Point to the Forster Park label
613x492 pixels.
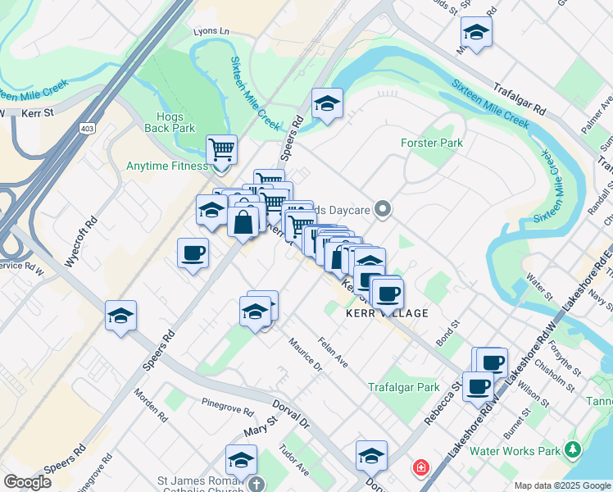[432, 143]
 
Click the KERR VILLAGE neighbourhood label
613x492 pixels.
[388, 313]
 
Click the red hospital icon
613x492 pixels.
[420, 467]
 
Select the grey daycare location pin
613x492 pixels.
[382, 209]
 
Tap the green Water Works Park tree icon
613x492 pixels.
[573, 450]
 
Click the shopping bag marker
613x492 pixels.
[243, 221]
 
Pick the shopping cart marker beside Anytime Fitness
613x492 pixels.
[221, 149]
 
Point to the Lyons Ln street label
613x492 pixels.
[211, 30]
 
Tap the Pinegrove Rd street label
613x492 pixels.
[229, 403]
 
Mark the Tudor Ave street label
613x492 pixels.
[293, 460]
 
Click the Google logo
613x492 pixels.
[27, 481]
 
